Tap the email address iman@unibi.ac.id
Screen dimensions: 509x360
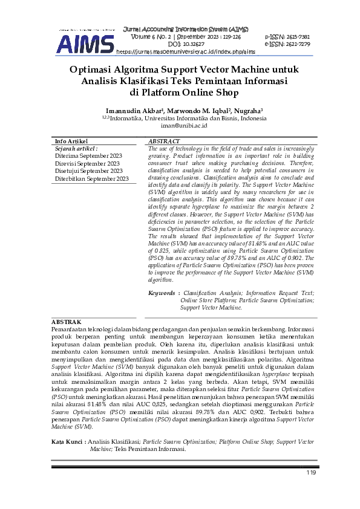coord(180,126)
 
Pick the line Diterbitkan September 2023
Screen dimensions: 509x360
coord(92,179)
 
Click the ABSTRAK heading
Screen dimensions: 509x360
coord(66,323)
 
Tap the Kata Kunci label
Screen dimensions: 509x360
coord(68,443)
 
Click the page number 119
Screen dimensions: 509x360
coord(312,473)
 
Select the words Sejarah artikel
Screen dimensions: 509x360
coord(77,148)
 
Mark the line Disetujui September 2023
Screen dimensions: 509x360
coord(88,171)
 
